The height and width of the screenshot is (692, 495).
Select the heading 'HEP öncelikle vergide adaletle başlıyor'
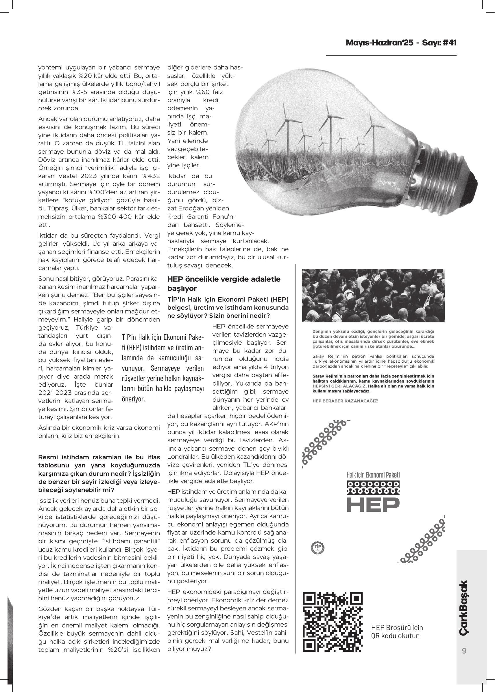click(x=224, y=283)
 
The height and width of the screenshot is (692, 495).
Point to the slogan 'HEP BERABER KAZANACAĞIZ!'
click(x=345, y=401)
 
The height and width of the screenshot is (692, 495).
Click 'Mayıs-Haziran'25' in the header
click(x=379, y=43)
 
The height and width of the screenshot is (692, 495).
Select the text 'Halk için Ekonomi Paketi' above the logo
click(x=373, y=475)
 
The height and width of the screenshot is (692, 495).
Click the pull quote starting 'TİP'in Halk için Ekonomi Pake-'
click(x=162, y=368)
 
